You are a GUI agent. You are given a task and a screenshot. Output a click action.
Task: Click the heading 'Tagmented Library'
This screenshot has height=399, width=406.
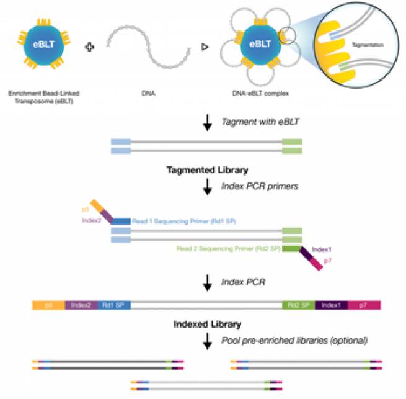point(204,169)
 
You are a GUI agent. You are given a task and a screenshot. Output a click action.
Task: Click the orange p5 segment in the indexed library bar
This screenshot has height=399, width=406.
point(48,305)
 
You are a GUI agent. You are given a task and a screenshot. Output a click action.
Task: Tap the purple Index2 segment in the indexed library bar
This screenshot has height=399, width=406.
point(81,305)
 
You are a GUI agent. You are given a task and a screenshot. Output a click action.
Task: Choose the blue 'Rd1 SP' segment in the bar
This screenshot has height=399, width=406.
point(114,305)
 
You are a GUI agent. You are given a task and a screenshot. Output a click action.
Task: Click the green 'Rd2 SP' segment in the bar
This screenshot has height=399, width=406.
point(298,305)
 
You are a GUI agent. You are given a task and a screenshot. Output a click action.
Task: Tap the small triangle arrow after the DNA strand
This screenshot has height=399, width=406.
point(205,47)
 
